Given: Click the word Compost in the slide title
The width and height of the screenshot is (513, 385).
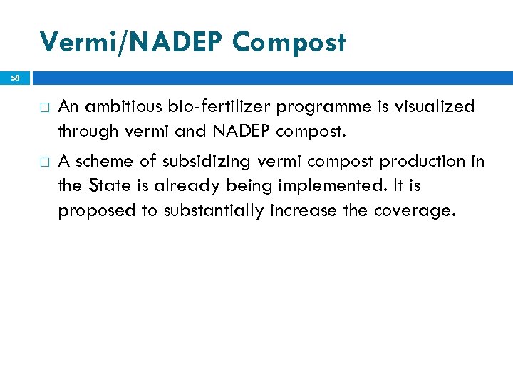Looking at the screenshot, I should pyautogui.click(x=289, y=43).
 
